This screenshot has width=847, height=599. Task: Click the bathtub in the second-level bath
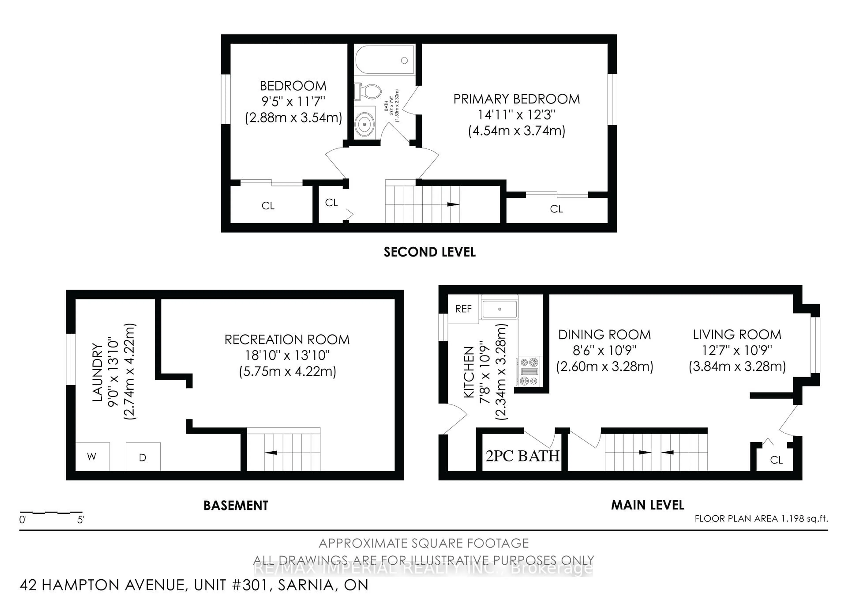[x=385, y=60]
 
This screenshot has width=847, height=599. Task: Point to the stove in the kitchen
[x=529, y=371]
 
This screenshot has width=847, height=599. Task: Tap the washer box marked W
[x=92, y=457]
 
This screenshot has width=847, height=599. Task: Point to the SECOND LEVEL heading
[x=430, y=252]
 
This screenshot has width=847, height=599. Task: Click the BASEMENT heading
[x=236, y=505]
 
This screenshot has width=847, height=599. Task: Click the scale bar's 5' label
[x=81, y=520]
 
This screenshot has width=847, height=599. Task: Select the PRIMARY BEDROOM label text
[x=516, y=99]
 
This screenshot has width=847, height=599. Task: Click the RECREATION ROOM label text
[x=287, y=339]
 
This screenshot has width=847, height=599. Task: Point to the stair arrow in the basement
[x=271, y=452]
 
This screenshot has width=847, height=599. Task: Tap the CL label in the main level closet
[x=776, y=460]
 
